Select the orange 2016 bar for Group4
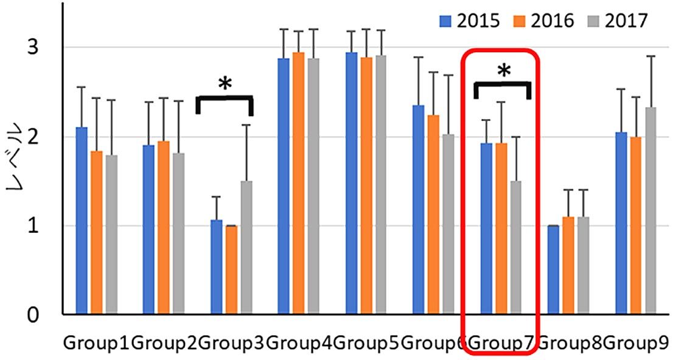tap(298, 183)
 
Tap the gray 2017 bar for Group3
tap(246, 247)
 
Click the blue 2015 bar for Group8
tap(553, 270)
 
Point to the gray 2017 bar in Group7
tap(516, 247)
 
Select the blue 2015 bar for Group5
tap(352, 183)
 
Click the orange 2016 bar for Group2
tap(164, 227)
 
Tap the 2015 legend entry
tap(469, 21)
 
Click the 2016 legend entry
tap(543, 21)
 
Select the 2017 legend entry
tap(617, 21)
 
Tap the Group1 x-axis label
tap(97, 344)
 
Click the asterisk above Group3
tap(225, 85)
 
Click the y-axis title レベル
tap(16, 161)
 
